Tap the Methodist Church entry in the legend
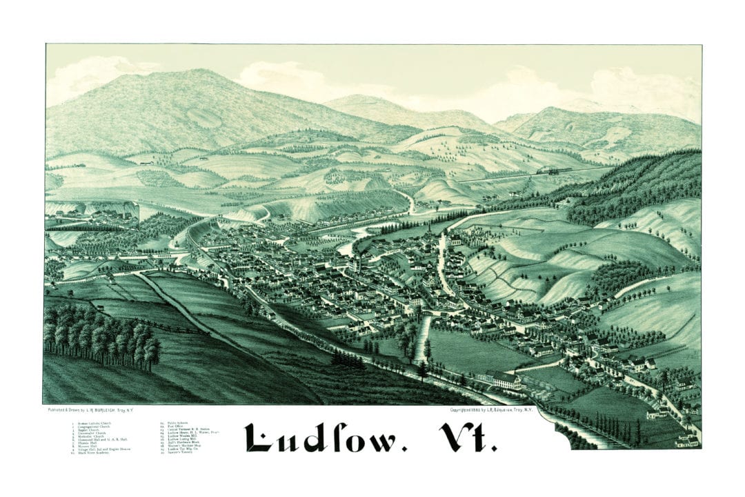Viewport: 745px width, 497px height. tap(92, 436)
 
